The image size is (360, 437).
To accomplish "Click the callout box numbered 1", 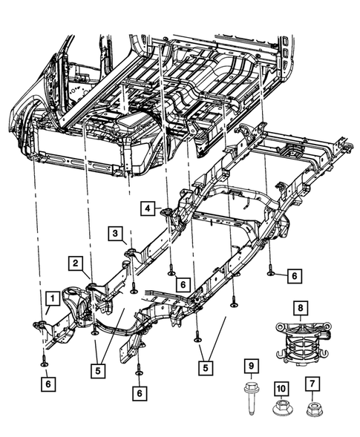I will click(x=51, y=298).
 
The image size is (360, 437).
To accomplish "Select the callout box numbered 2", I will click(x=76, y=263).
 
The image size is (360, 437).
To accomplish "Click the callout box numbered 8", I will click(x=301, y=306).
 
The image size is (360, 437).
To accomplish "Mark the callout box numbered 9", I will click(x=252, y=366).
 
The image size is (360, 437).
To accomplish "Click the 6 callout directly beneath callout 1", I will click(x=47, y=384).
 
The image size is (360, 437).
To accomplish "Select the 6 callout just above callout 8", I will click(x=294, y=275).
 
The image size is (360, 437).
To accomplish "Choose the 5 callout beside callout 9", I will click(x=204, y=367).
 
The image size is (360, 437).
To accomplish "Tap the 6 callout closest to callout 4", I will click(x=183, y=283).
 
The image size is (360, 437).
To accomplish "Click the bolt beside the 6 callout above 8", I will click(x=271, y=272).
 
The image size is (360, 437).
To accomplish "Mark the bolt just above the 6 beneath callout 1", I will click(x=45, y=361).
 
